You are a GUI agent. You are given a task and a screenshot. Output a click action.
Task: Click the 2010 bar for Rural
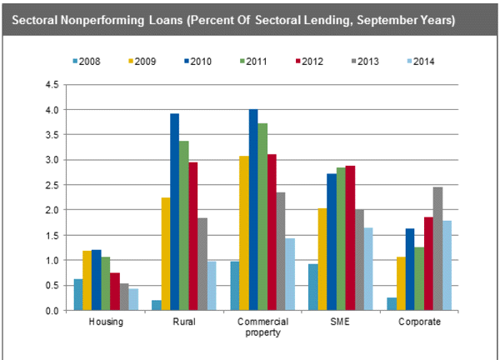click(175, 212)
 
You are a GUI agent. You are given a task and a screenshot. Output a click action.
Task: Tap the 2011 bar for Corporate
click(419, 278)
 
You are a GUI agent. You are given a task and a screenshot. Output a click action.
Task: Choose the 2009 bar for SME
click(322, 259)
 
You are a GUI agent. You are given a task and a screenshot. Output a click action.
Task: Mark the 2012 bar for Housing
click(116, 292)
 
